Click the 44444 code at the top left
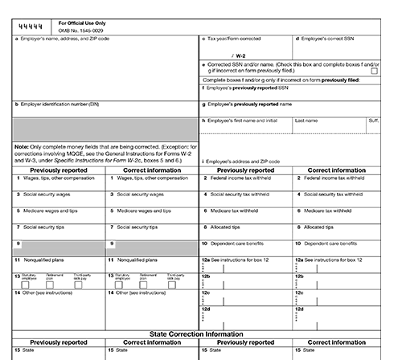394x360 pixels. click(x=31, y=27)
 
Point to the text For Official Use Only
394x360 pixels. click(x=83, y=23)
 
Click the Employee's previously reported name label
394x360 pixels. click(x=252, y=104)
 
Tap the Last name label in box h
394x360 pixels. click(x=306, y=120)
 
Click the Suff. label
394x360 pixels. click(x=373, y=120)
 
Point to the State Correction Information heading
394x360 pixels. click(x=197, y=332)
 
